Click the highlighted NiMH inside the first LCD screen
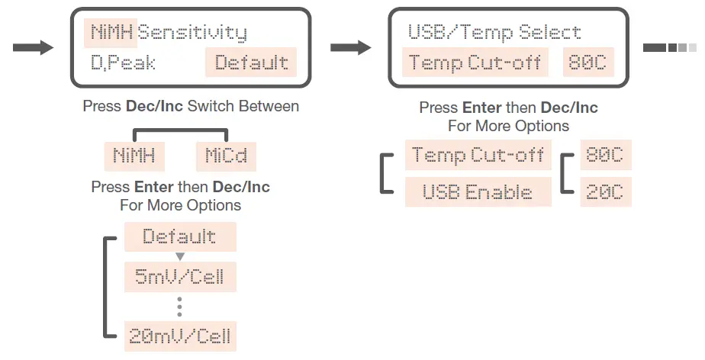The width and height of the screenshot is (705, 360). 111,33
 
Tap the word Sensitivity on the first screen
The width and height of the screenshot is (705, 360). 192,33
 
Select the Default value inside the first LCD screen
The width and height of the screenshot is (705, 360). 251,63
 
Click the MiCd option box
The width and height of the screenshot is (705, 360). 225,156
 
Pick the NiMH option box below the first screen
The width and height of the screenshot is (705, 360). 134,156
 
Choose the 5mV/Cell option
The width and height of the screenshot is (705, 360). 180,276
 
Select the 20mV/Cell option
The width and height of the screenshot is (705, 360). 180,336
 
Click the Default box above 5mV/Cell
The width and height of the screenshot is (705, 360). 180,236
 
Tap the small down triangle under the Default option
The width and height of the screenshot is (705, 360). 180,256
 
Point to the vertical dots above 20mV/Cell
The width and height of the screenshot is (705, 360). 180,306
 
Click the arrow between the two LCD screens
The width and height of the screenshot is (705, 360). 350,48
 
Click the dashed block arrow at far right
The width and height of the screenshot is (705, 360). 670,48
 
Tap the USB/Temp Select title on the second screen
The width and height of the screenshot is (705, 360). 494,33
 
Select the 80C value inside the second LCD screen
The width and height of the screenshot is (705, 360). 586,63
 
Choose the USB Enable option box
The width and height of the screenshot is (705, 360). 478,192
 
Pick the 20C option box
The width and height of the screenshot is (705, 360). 605,192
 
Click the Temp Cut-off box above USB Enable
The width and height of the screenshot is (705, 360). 478,156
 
